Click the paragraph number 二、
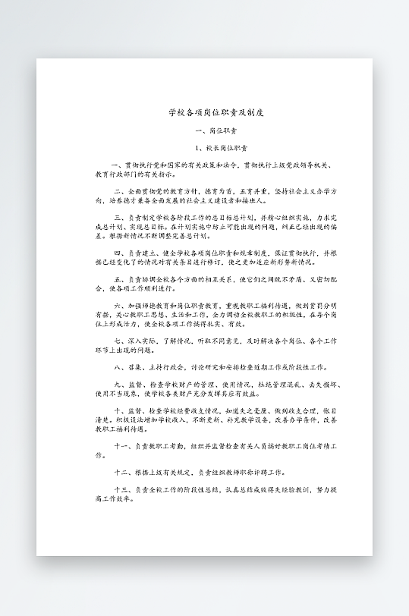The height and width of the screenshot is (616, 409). pos(119,191)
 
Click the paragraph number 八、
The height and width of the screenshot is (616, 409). pos(119,368)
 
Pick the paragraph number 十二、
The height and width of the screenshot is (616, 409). pos(121,472)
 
